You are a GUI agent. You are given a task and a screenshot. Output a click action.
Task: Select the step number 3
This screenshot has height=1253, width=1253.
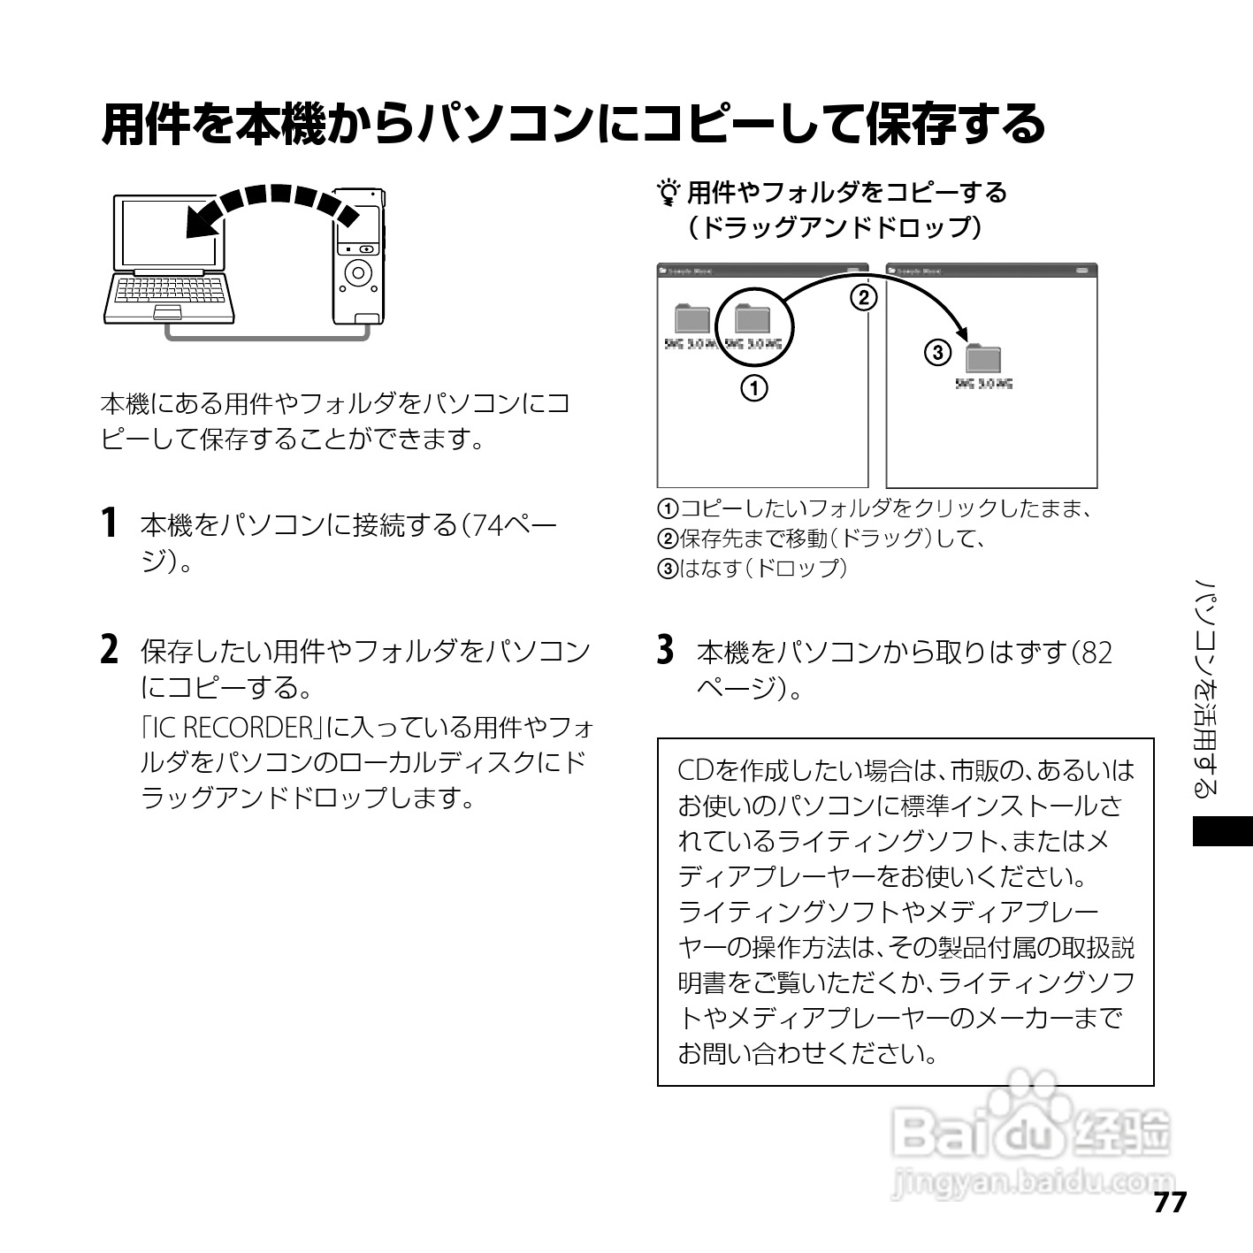pyautogui.click(x=666, y=649)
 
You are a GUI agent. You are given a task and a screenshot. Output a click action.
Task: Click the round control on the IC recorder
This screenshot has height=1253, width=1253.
pyautogui.click(x=358, y=273)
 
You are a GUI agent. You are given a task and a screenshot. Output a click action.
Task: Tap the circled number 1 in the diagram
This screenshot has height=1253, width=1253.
pyautogui.click(x=753, y=387)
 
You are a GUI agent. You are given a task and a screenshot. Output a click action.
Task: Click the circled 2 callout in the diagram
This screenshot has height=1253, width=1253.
pyautogui.click(x=863, y=297)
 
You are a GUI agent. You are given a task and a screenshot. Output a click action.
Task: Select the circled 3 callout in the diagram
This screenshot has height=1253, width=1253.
pyautogui.click(x=937, y=354)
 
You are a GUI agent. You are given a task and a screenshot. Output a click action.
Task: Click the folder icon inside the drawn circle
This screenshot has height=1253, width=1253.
pyautogui.click(x=753, y=318)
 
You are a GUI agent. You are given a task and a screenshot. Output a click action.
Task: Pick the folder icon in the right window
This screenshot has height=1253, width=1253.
pyautogui.click(x=983, y=358)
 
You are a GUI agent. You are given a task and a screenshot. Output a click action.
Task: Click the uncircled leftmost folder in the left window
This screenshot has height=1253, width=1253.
pyautogui.click(x=692, y=318)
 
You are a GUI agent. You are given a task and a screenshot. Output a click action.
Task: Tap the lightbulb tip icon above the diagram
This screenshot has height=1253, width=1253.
pyautogui.click(x=669, y=192)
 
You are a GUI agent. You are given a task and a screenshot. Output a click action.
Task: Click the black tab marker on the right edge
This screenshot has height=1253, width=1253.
pyautogui.click(x=1222, y=832)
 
